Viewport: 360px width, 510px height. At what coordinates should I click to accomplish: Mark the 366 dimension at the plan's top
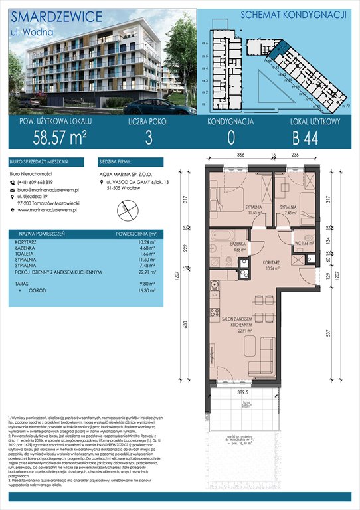[241, 155]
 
